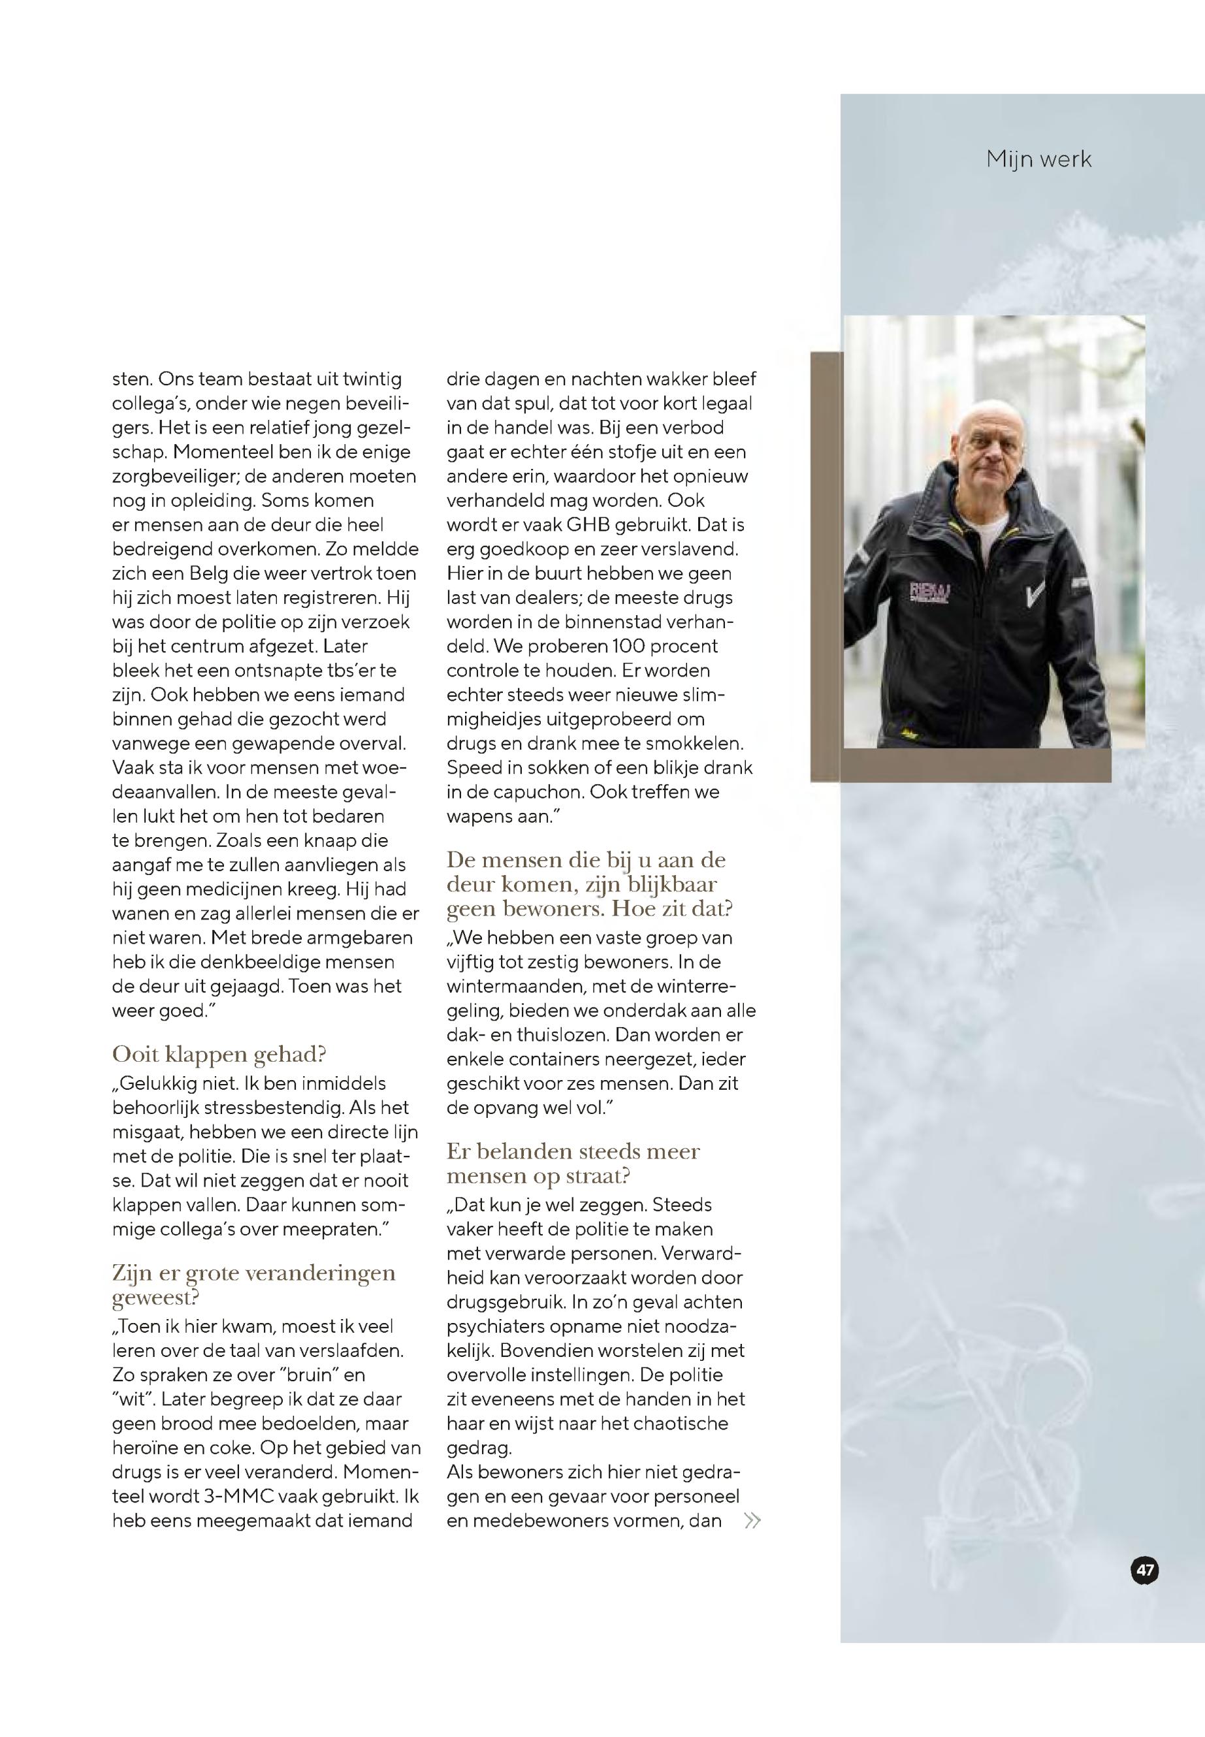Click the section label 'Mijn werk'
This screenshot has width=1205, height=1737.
1038,159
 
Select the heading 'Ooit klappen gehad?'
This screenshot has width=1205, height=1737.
219,1054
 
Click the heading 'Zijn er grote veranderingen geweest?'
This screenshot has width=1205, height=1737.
253,1285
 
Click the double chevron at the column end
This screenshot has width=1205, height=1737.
752,1520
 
